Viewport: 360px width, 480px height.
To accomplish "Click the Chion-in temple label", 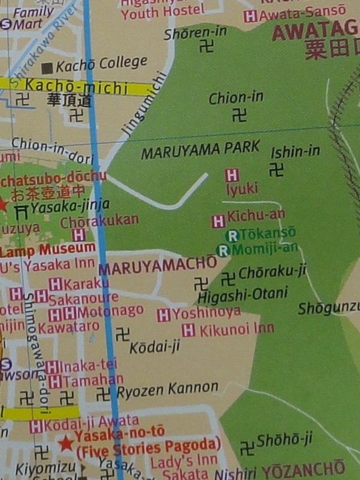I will (235, 98).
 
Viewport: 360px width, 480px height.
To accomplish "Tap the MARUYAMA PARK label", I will (200, 150).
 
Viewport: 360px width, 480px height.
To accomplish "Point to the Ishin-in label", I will (295, 151).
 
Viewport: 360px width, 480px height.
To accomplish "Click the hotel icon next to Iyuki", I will (232, 175).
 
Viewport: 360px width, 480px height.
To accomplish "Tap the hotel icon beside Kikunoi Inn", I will (189, 330).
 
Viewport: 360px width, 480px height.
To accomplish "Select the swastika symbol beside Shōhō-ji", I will (247, 447).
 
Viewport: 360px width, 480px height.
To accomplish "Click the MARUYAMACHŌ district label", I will (158, 265).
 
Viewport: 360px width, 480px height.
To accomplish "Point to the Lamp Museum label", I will (47, 248).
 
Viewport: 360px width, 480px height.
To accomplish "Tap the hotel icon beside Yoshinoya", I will (164, 315).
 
